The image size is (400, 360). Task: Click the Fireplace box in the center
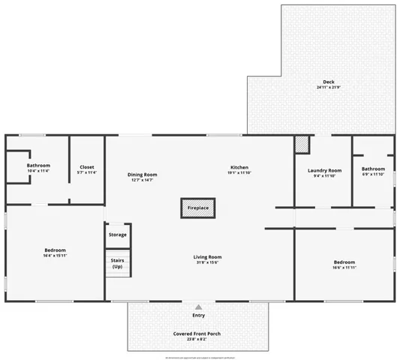click(x=198, y=208)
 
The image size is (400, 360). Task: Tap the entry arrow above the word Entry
click(x=198, y=307)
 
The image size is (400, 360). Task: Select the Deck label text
click(x=329, y=82)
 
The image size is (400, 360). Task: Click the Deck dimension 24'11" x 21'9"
click(x=329, y=88)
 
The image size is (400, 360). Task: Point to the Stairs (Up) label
click(x=117, y=264)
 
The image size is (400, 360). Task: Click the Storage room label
click(x=117, y=235)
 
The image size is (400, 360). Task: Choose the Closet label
click(x=87, y=166)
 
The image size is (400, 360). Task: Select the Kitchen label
click(x=239, y=166)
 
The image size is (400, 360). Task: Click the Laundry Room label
click(x=324, y=170)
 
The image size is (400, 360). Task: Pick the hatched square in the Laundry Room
click(x=302, y=143)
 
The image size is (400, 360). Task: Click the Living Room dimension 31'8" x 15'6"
click(x=208, y=262)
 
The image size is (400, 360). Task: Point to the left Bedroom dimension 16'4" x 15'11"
click(x=55, y=256)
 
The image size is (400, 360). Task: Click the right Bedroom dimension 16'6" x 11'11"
click(x=344, y=268)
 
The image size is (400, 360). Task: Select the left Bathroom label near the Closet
click(x=38, y=165)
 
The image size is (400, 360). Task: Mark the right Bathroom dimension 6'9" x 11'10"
click(x=373, y=174)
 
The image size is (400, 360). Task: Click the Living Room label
click(x=208, y=256)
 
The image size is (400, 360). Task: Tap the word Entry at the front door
click(x=198, y=315)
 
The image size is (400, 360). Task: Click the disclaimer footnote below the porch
click(x=199, y=357)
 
